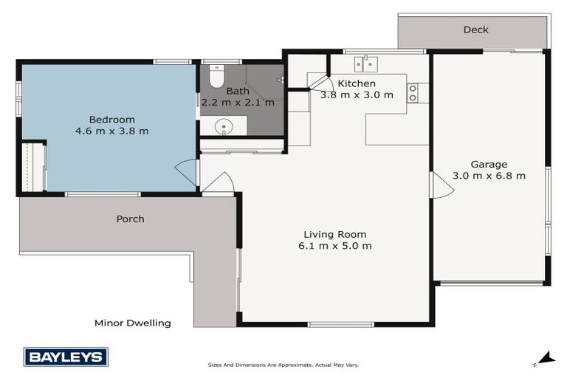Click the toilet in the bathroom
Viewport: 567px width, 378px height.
[x=216, y=76]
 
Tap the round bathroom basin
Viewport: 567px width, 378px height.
[x=222, y=128]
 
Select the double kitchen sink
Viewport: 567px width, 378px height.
[x=365, y=64]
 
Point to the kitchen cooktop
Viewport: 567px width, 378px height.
[x=413, y=92]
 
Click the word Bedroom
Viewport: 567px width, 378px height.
[x=111, y=120]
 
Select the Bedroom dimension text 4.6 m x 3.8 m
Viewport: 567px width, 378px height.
[x=111, y=131]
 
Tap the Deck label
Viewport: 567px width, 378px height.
[x=475, y=30]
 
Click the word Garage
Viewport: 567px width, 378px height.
[x=489, y=164]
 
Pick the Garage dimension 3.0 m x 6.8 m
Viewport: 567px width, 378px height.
[x=489, y=176]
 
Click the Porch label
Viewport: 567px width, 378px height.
[x=130, y=219]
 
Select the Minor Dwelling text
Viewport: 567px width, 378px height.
[x=133, y=323]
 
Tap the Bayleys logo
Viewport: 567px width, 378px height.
[x=66, y=357]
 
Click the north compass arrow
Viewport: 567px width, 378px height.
[x=546, y=358]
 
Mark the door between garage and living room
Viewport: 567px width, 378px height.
[x=441, y=185]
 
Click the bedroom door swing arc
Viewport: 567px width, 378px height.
[x=186, y=172]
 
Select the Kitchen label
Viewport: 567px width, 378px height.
[x=357, y=83]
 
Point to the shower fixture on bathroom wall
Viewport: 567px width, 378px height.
[x=280, y=78]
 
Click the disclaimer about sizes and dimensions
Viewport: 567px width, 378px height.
[x=283, y=365]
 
